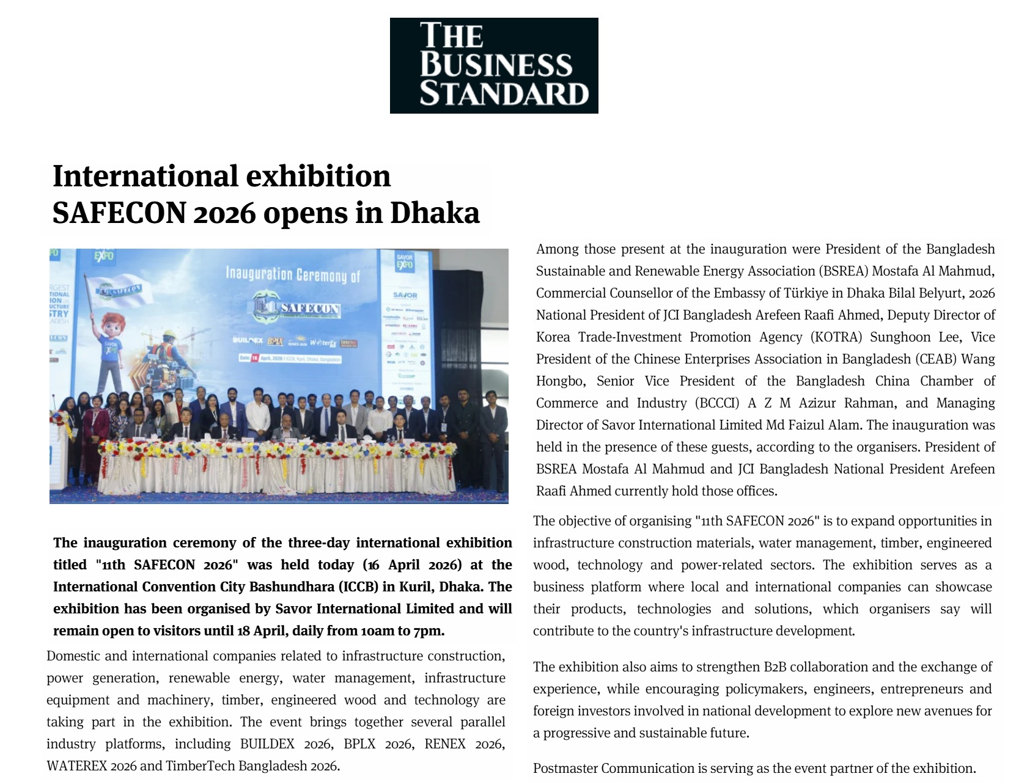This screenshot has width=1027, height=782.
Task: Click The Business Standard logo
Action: point(494,65)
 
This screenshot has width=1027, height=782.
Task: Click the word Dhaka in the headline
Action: point(435,213)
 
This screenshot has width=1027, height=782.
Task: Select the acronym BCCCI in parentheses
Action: point(716,403)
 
